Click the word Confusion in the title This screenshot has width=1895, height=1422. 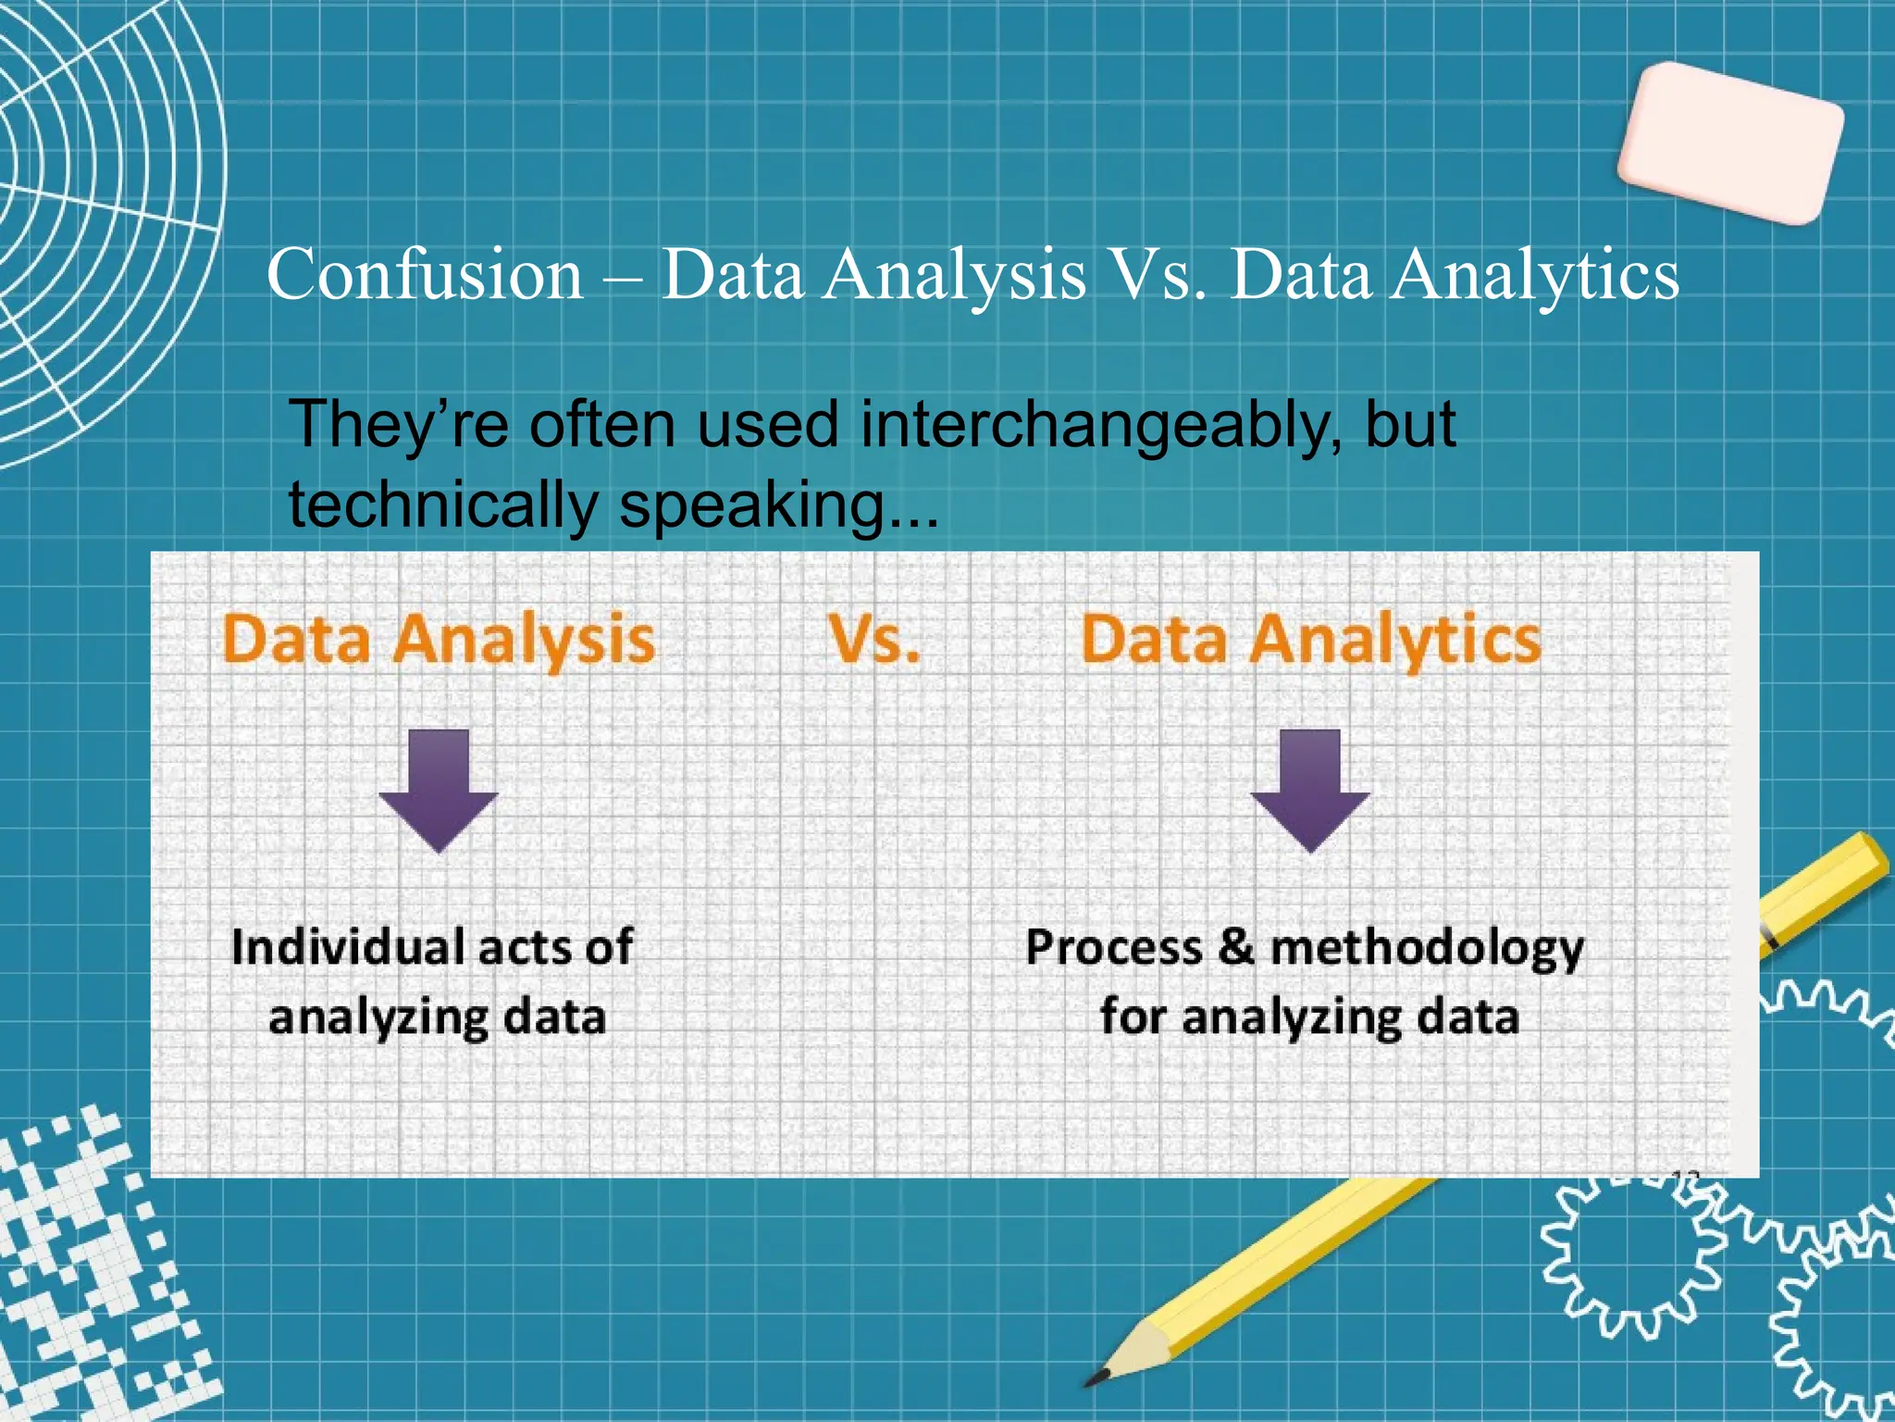(x=425, y=275)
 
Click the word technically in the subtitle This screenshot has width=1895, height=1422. (x=443, y=506)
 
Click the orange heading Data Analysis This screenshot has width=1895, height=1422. (x=439, y=639)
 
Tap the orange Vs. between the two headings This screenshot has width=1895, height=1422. (x=874, y=639)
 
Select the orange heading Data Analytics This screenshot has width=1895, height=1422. (x=1310, y=639)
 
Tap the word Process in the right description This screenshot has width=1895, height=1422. (x=1114, y=948)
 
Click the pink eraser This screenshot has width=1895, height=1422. (x=1731, y=143)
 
